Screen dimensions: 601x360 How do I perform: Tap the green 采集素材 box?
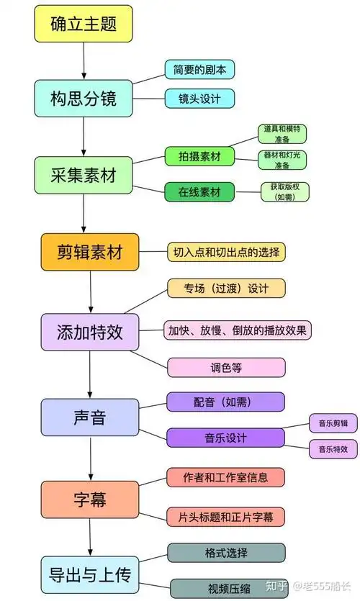point(83,174)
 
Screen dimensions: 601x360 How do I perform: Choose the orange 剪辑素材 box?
point(90,252)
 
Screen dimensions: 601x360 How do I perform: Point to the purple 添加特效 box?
point(90,332)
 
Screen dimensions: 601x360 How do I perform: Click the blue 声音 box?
point(90,417)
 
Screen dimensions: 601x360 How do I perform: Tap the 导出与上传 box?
point(90,575)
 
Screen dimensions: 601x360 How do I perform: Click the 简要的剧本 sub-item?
point(199,70)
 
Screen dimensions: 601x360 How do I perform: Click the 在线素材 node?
point(199,192)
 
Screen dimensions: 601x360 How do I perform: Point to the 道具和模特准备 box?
point(282,134)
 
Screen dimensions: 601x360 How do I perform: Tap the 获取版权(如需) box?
point(284,191)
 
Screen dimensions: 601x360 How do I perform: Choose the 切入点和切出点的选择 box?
point(227,252)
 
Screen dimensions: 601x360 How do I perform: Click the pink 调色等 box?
point(226,367)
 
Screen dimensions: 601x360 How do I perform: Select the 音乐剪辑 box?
point(333,423)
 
